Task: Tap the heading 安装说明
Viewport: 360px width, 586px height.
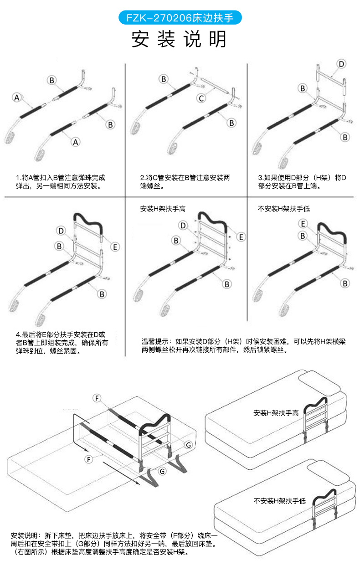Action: tap(180, 40)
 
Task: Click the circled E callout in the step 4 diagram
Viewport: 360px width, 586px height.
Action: tap(115, 247)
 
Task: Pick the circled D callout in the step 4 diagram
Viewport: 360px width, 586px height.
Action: tap(61, 231)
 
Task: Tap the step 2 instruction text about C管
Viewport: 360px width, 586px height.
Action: tap(185, 182)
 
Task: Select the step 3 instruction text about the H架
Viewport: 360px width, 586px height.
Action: tap(302, 182)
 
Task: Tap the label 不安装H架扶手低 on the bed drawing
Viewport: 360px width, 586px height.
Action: tap(279, 501)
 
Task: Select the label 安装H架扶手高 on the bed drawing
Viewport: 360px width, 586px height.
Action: tap(276, 413)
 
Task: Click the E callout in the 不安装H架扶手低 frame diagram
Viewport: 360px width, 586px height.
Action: tap(303, 223)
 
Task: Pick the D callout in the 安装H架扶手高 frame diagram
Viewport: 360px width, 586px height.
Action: tap(183, 225)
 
